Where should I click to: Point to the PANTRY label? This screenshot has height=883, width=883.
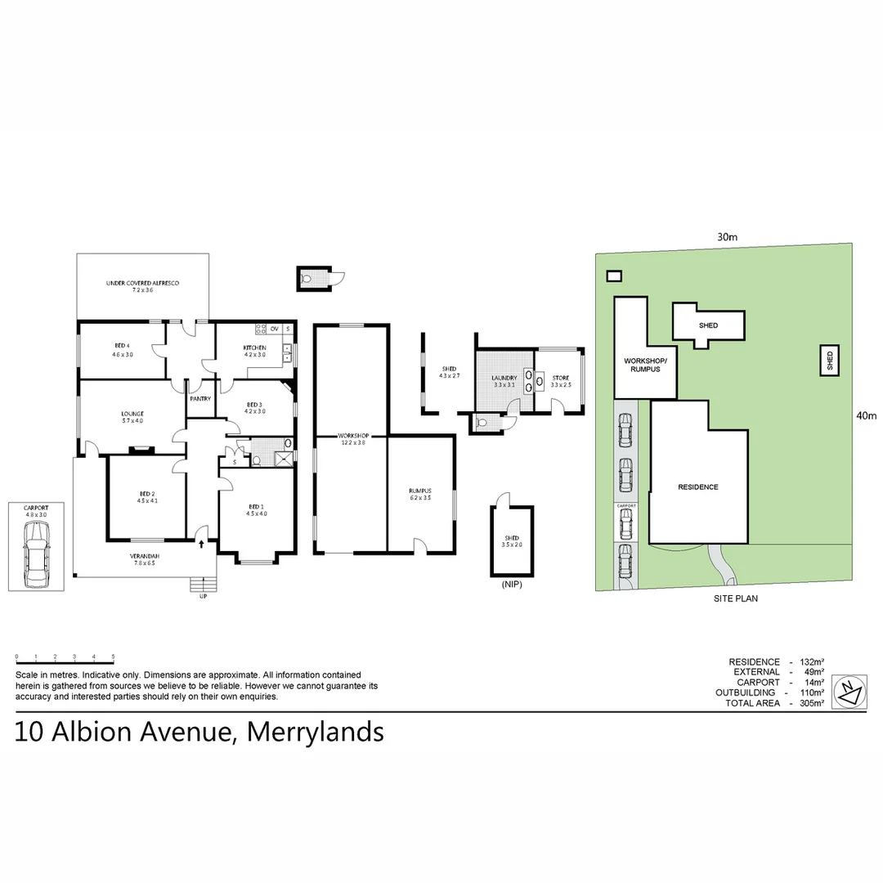pos(200,399)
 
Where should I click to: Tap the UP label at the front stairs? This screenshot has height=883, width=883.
pos(203,596)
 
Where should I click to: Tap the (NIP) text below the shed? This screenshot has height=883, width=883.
pos(513,585)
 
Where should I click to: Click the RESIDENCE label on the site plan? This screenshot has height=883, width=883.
pos(697,487)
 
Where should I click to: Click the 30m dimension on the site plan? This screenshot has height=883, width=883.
pos(727,237)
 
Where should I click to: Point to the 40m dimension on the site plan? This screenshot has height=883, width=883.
pos(866,415)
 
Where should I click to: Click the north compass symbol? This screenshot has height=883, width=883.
pos(850,692)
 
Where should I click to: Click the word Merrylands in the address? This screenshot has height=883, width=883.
pos(315,731)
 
